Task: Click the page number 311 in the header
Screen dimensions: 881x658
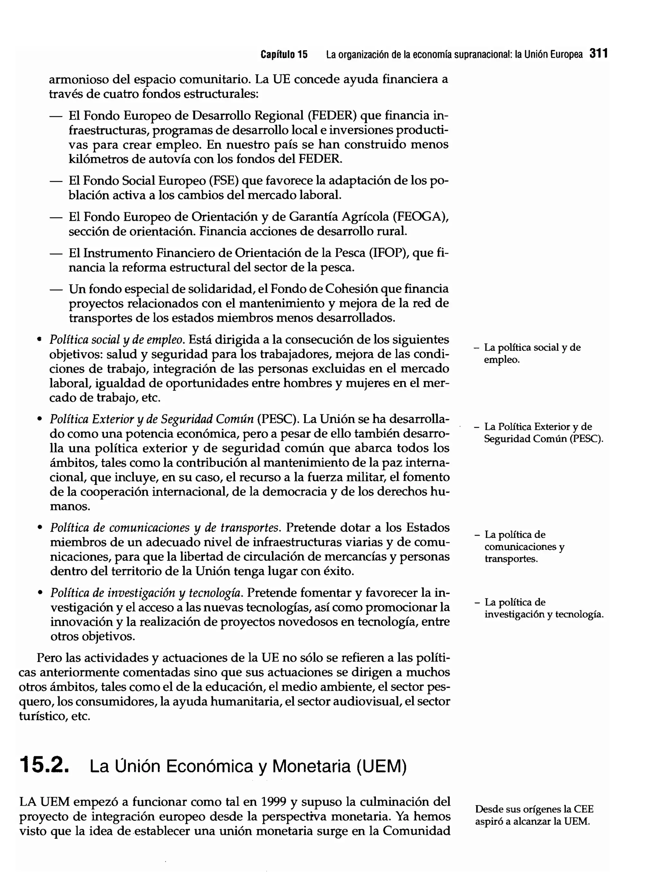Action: (x=598, y=54)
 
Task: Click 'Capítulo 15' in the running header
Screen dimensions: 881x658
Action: (x=284, y=55)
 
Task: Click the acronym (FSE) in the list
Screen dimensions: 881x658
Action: (x=224, y=181)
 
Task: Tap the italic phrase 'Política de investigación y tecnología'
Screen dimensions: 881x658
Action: (x=146, y=593)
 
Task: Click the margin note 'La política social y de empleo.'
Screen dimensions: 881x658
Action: (x=532, y=353)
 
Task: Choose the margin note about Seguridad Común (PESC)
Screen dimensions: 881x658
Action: (x=543, y=433)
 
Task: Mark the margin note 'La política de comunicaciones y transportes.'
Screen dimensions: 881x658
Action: (x=524, y=546)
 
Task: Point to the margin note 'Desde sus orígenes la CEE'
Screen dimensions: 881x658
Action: (x=534, y=809)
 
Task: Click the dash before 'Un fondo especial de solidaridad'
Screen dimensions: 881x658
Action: (x=56, y=289)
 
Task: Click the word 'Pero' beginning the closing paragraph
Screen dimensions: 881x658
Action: (x=49, y=657)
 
